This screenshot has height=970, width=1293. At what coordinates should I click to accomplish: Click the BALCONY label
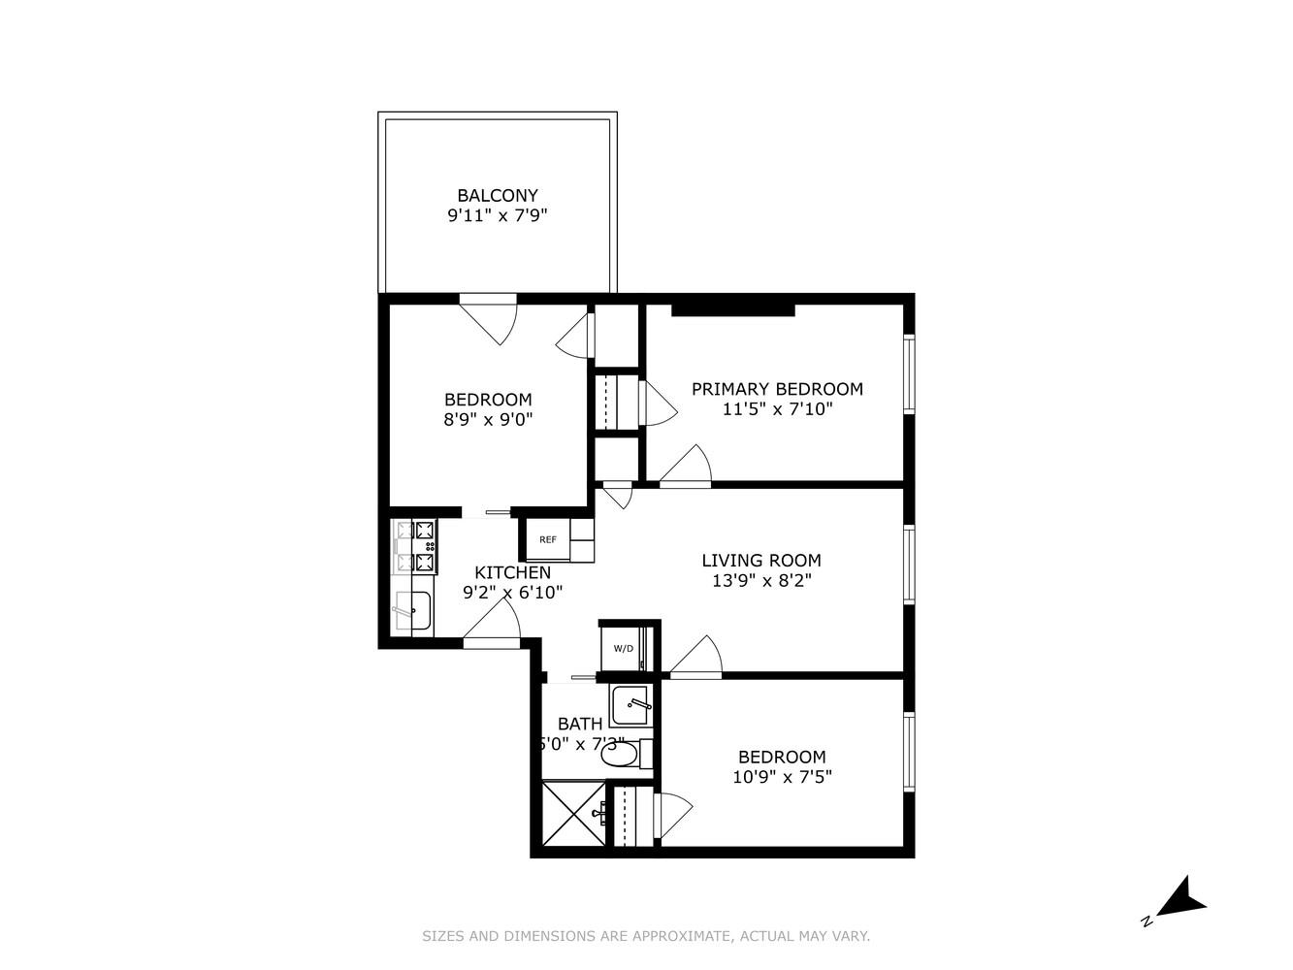point(497,195)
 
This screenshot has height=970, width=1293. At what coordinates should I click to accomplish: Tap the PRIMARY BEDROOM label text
point(777,389)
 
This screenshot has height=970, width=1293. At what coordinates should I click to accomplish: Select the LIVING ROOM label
point(761,560)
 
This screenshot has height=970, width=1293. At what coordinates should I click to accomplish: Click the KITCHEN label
point(512,572)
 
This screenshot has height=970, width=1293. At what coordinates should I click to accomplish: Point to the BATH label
point(579,724)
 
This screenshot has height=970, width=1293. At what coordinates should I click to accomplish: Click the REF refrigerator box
point(548,539)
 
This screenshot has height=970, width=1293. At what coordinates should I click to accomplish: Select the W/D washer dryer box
point(623,648)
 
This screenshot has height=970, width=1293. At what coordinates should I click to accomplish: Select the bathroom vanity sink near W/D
point(630,702)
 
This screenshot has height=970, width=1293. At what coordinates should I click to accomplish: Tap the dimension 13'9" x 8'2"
point(761,581)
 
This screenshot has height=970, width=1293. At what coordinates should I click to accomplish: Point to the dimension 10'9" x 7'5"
point(782,777)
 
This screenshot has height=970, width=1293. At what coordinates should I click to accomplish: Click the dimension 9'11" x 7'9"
point(497,215)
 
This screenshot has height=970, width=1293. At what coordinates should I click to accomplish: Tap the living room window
point(909,565)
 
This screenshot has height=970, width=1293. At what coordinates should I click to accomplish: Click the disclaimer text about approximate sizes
point(646,936)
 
